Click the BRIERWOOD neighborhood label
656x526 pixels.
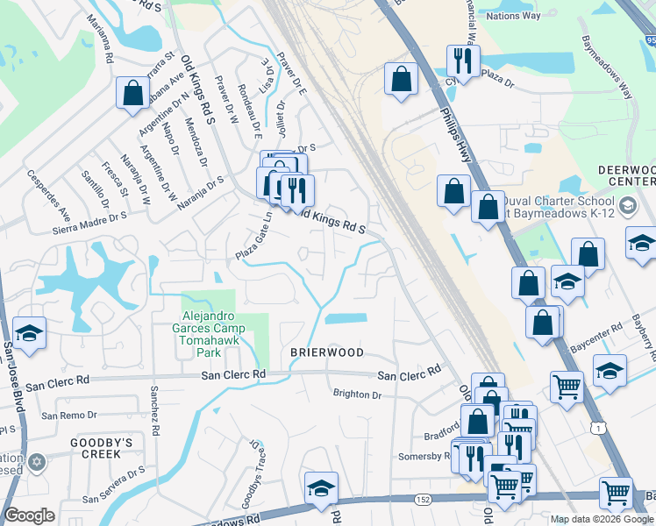(x=327, y=352)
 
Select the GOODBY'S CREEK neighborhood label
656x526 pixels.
(x=101, y=448)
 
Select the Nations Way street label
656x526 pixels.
(x=513, y=16)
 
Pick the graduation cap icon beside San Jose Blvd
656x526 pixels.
(x=29, y=333)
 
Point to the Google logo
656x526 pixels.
(x=30, y=515)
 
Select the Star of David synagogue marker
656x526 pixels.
(x=36, y=461)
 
